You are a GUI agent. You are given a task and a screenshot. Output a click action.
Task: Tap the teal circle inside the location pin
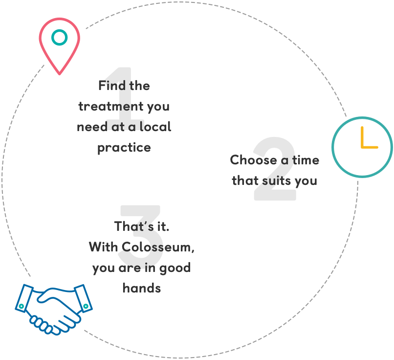(59, 38)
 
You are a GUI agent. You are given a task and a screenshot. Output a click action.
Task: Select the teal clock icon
(362, 147)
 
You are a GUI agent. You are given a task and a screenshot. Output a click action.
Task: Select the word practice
(124, 147)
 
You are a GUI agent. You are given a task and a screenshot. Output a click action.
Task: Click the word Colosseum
(156, 247)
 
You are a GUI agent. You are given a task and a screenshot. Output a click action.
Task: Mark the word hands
(142, 288)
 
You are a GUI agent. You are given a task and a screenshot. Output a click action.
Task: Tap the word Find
(109, 86)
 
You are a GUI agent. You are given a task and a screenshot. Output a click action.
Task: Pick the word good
(175, 268)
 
